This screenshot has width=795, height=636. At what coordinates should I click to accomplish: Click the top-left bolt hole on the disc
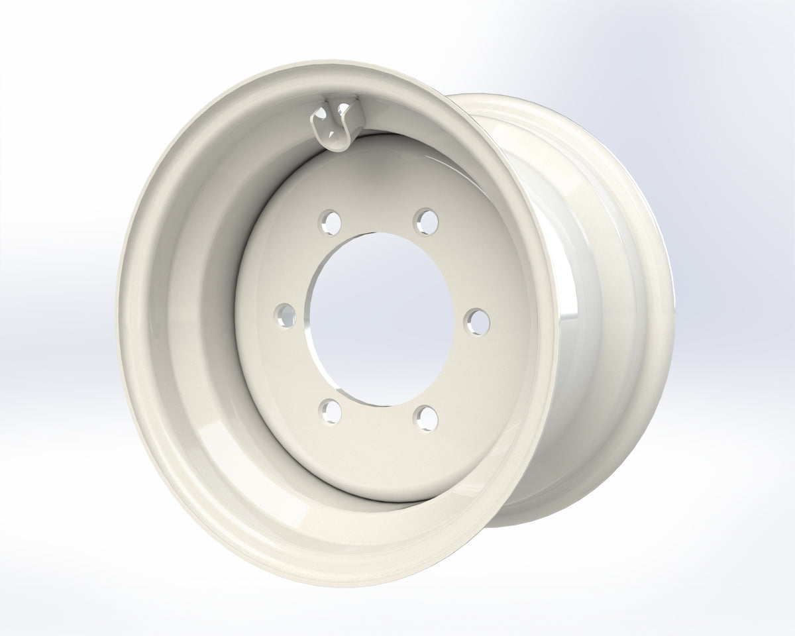tap(328, 221)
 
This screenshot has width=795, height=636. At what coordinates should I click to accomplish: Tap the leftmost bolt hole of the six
tap(285, 313)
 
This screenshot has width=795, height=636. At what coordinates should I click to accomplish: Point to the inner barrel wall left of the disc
tap(199, 311)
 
